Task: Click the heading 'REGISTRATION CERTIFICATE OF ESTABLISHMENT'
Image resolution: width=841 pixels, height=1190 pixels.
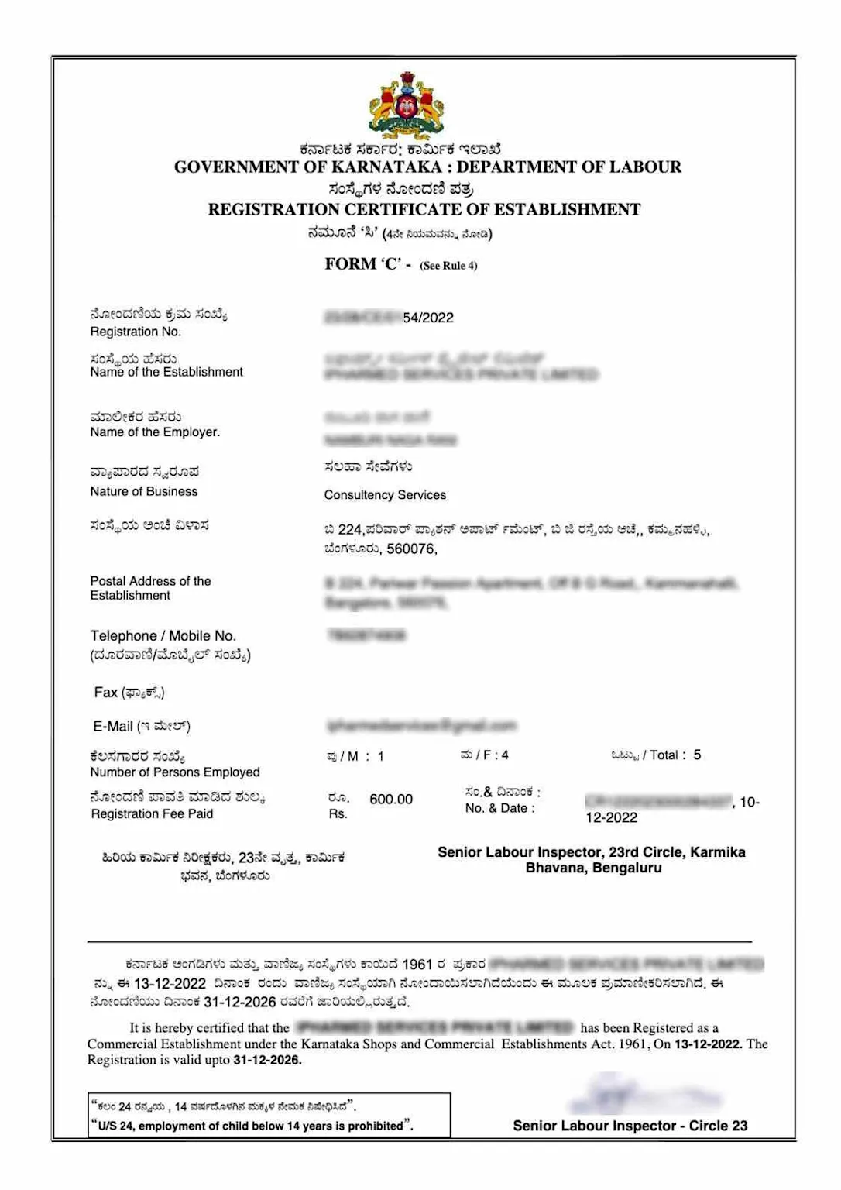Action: pyautogui.click(x=424, y=209)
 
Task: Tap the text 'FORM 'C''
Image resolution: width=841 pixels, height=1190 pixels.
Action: pyautogui.click(x=362, y=264)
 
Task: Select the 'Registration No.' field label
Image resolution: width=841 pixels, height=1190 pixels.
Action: pyautogui.click(x=136, y=332)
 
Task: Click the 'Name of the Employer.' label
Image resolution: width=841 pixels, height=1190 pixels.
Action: pyautogui.click(x=155, y=432)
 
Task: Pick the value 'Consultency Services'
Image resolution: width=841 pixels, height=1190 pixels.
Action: pyautogui.click(x=385, y=495)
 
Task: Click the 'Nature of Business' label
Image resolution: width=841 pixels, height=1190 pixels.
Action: pyautogui.click(x=144, y=491)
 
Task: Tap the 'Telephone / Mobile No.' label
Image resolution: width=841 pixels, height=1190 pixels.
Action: pyautogui.click(x=163, y=636)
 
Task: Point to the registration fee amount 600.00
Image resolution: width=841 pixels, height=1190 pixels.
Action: pyautogui.click(x=391, y=800)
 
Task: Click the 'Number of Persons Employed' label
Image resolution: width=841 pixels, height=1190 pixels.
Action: pyautogui.click(x=175, y=772)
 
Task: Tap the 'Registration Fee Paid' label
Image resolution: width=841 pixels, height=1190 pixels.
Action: pyautogui.click(x=152, y=813)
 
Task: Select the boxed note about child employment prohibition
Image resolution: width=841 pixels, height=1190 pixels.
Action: pyautogui.click(x=269, y=1116)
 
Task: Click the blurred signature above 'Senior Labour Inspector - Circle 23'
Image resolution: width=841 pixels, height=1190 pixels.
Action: pyautogui.click(x=643, y=1095)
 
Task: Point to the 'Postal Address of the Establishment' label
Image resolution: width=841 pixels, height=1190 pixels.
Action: pyautogui.click(x=150, y=588)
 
